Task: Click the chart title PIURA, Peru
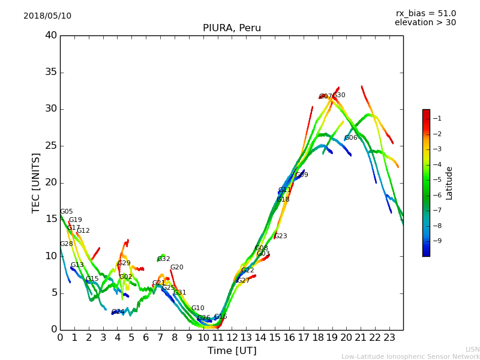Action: tap(232, 28)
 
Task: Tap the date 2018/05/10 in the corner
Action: tap(47, 16)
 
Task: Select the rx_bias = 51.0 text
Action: tap(425, 13)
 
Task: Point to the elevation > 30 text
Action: tap(425, 23)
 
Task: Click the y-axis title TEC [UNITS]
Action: tap(36, 182)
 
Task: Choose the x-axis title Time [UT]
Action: tap(232, 351)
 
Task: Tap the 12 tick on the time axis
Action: tap(232, 337)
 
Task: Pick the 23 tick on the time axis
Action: tap(389, 337)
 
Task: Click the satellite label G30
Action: tap(339, 95)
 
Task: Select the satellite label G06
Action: tap(351, 138)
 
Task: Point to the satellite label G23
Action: tap(281, 236)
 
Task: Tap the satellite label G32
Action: tap(164, 259)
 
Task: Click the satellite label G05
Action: tap(66, 212)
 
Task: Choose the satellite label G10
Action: tap(198, 308)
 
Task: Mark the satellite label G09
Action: tap(302, 175)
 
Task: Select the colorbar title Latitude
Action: tap(449, 183)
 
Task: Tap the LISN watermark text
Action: tap(473, 349)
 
